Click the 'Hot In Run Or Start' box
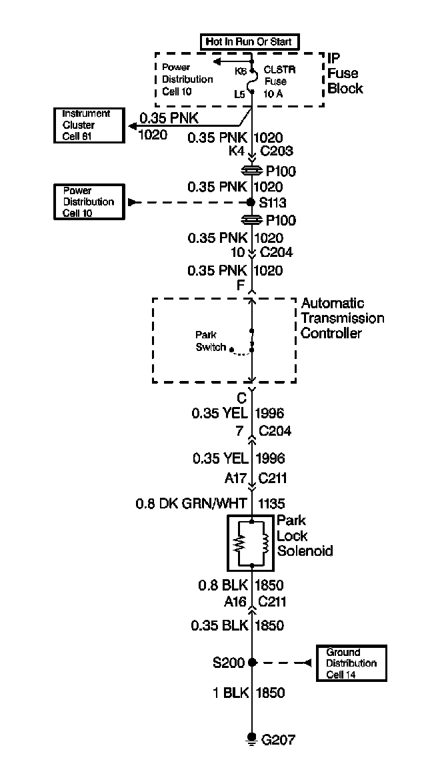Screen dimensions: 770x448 pos(249,41)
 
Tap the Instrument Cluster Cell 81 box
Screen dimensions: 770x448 pos(89,125)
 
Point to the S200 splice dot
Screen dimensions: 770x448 pos(252,663)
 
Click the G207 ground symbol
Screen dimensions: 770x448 pos(252,737)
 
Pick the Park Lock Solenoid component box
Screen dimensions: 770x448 pos(251,542)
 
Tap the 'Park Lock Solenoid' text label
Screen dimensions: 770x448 pos(304,536)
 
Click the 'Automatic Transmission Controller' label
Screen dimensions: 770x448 pos(342,318)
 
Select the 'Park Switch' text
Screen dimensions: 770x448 pos(210,341)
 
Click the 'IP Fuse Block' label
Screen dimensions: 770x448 pos(345,73)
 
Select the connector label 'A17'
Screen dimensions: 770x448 pos(235,478)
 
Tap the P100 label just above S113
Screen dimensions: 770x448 pos(280,172)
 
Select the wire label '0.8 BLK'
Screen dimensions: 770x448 pos(223,586)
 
